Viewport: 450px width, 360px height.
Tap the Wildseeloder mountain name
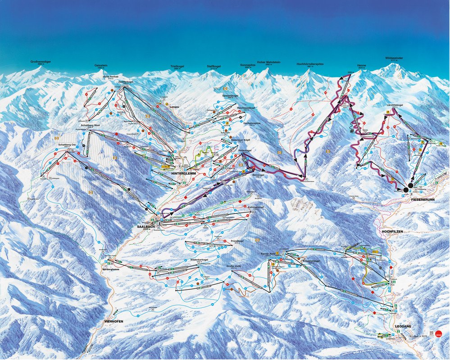[393, 58]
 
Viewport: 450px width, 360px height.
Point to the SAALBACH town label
[146, 227]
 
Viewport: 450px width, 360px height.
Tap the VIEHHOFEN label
[113, 321]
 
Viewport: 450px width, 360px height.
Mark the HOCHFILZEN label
[391, 231]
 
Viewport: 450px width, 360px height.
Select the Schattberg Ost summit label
[55, 145]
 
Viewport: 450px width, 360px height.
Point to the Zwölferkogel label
[126, 82]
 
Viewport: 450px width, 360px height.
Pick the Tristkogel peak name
[178, 66]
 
